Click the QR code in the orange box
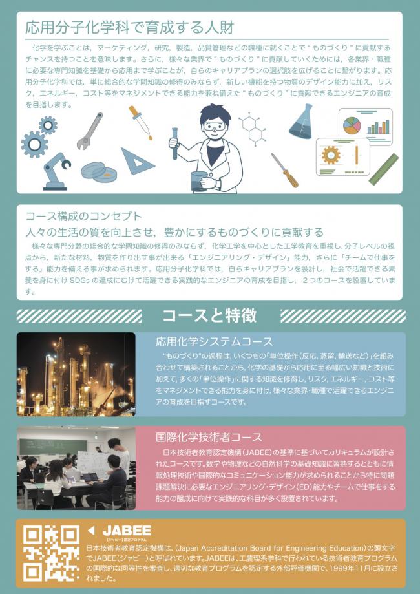(51, 553)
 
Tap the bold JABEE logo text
(127, 531)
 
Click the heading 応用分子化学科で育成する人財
(129, 28)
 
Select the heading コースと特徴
(209, 315)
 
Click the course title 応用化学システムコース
(214, 342)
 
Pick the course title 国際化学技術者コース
(209, 437)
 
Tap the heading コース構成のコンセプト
(83, 217)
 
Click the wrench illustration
(90, 131)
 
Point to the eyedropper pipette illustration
(140, 122)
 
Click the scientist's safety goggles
(215, 126)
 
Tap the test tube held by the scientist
(174, 143)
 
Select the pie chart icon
(352, 125)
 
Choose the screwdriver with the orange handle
(285, 170)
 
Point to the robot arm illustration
(56, 171)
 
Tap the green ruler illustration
(384, 169)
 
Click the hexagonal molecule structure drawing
(253, 129)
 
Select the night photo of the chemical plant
(76, 374)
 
